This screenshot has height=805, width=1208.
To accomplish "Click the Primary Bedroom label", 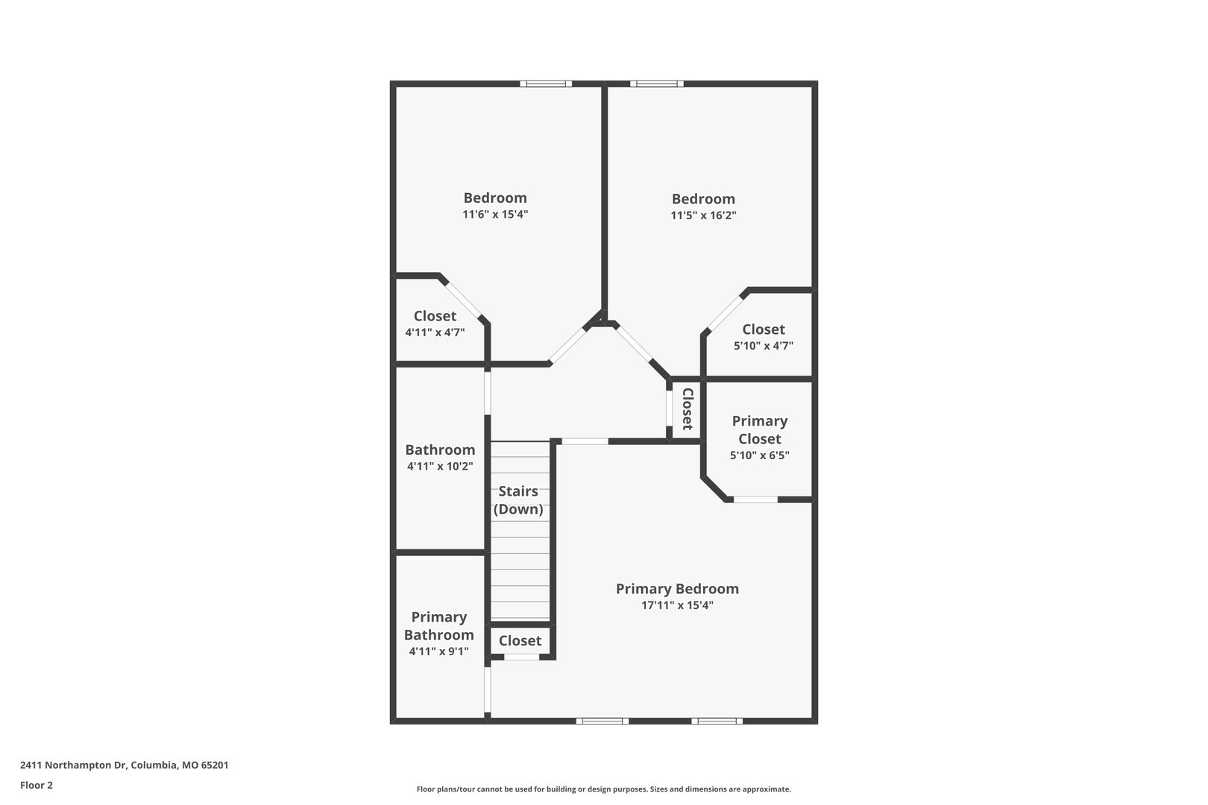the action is pos(677,588).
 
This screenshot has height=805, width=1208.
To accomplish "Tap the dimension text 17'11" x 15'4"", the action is pos(677,605).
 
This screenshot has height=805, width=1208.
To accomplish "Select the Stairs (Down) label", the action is pos(518,500).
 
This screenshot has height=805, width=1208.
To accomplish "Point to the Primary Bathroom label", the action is pos(439,625).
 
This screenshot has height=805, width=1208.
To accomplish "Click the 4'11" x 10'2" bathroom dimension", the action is pos(440,467).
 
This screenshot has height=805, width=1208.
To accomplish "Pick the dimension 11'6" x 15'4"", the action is pos(495,215).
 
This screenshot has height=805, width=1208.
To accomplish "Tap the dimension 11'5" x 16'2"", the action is pos(703,215).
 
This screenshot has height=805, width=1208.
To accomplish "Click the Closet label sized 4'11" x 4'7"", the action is pos(435,316).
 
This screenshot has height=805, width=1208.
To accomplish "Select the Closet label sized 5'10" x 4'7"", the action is pos(764,329).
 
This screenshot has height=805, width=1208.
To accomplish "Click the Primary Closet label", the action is pos(760,430).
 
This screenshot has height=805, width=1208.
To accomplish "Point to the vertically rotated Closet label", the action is pos(687,409).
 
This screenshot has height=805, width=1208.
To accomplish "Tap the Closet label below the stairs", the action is pos(520,640).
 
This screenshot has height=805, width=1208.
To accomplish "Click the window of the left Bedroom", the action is pos(546,83).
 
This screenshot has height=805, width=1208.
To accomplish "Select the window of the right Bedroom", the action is pos(657,83).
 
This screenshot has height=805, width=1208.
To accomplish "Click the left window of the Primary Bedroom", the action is pos(603,721).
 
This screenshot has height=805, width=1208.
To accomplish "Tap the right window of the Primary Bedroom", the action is pos(717,721).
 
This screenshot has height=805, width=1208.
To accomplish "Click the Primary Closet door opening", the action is pos(755,500).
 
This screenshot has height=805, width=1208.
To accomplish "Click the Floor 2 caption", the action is pos(37,785).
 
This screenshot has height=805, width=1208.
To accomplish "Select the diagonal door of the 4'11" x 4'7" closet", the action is pos(463,300).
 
